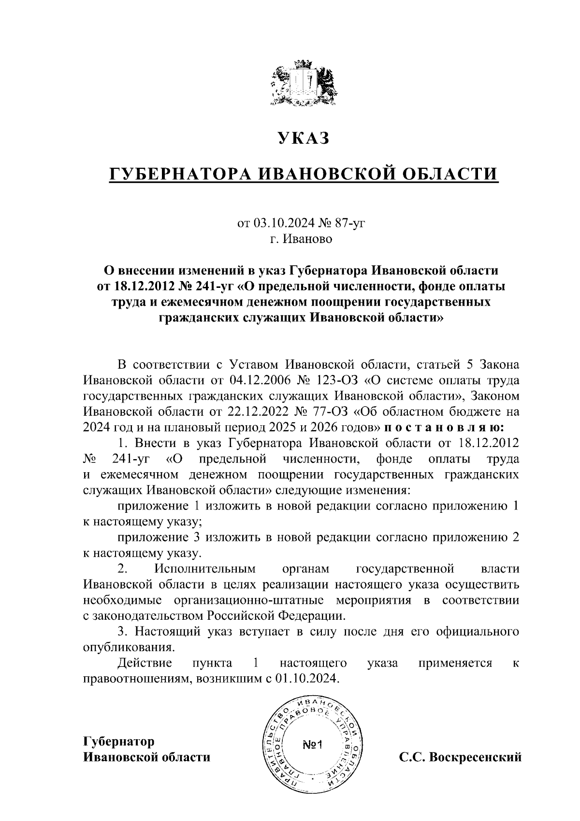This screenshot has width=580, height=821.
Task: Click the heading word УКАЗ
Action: click(x=303, y=138)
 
